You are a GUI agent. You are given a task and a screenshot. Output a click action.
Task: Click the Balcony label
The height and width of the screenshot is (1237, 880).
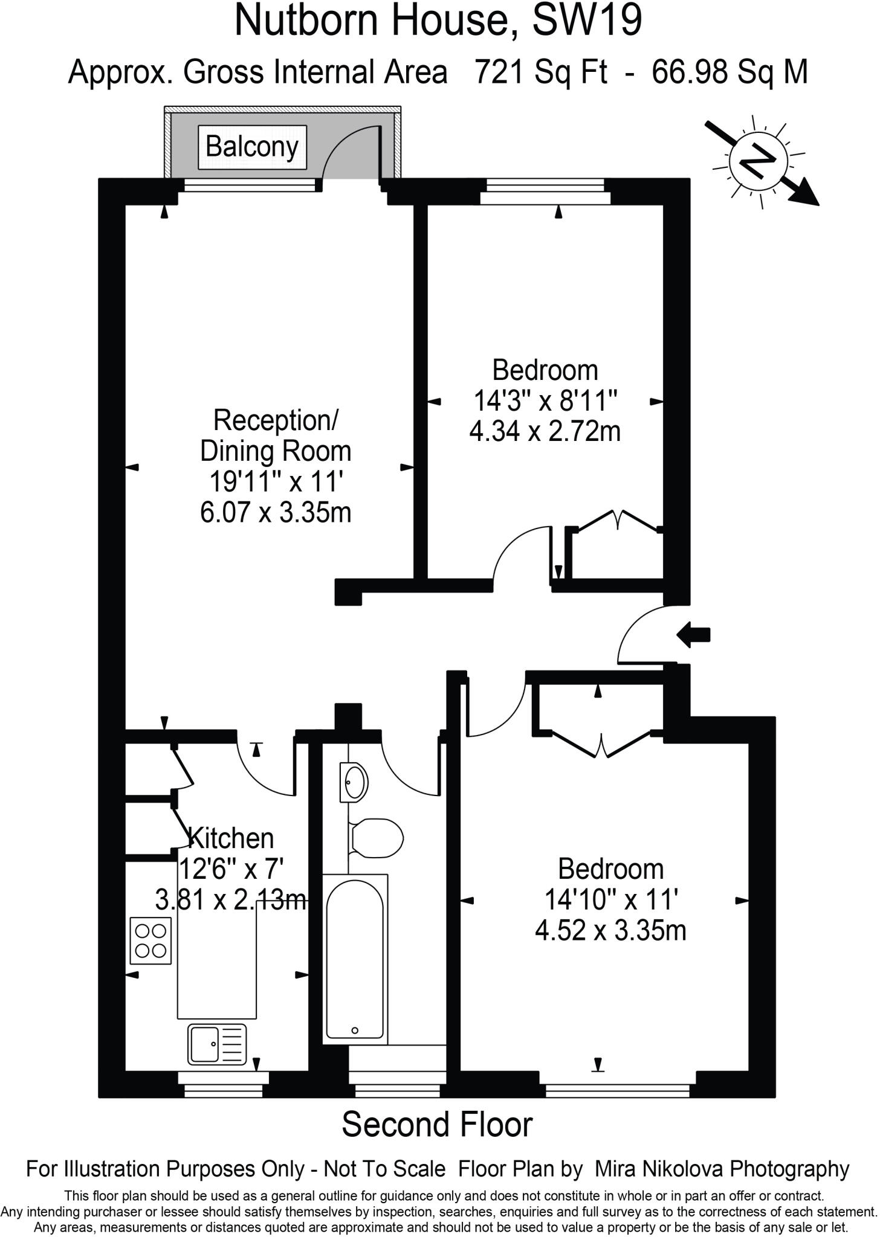[252, 147]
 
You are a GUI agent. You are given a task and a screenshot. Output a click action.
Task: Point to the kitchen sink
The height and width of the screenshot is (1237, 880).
[217, 1044]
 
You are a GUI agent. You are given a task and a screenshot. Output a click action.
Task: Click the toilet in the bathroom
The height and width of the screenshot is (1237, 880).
[377, 838]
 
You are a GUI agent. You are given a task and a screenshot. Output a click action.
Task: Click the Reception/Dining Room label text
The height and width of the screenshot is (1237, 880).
[276, 435]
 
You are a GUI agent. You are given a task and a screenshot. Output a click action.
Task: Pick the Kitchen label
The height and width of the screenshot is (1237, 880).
[231, 838]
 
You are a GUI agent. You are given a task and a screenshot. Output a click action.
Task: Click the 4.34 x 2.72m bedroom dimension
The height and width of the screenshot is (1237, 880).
[545, 432]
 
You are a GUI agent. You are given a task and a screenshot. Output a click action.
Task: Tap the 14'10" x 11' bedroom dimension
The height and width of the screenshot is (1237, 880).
[610, 900]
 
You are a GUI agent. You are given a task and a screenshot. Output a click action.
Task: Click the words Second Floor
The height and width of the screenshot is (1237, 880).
[438, 1125]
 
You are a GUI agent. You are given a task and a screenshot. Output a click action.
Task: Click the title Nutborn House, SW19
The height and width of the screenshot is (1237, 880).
[438, 20]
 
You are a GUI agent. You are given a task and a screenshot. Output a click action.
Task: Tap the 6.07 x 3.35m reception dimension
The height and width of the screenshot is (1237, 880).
[276, 513]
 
